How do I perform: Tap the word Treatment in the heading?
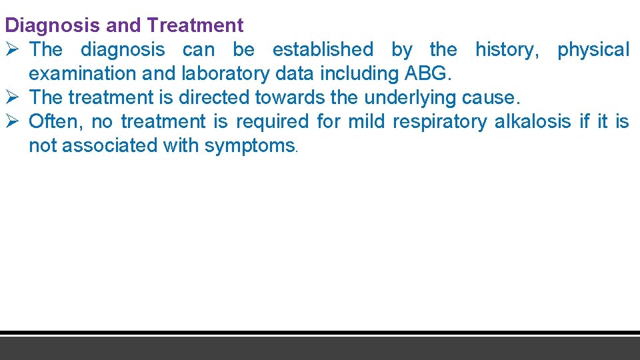(x=195, y=26)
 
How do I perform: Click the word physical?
(x=593, y=50)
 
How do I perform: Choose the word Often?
(x=51, y=121)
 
